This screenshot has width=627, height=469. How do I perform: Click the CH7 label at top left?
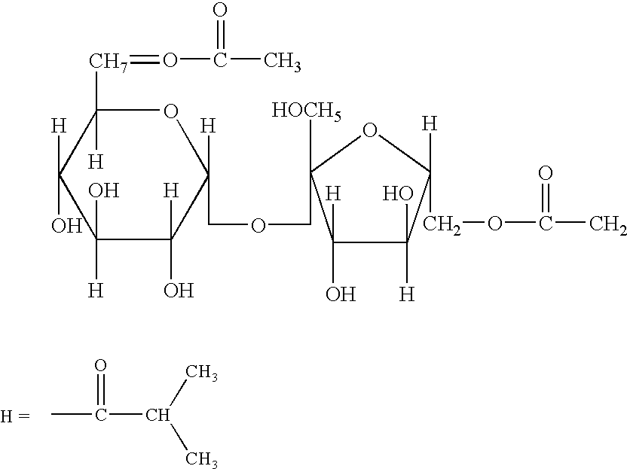pyautogui.click(x=108, y=62)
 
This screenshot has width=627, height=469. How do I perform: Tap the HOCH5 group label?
pyautogui.click(x=307, y=111)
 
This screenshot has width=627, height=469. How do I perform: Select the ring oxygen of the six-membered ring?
pyautogui.click(x=171, y=111)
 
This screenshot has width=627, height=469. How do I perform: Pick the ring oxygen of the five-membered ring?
pyautogui.click(x=370, y=130)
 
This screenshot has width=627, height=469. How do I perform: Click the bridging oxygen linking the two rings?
pyautogui.click(x=258, y=226)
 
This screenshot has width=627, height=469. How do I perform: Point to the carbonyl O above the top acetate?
pyautogui.click(x=220, y=11)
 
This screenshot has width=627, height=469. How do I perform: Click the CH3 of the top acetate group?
pyautogui.click(x=283, y=62)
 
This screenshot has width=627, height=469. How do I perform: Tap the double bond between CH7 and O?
pyautogui.click(x=144, y=60)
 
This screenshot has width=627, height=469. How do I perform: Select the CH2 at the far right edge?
pyautogui.click(x=608, y=224)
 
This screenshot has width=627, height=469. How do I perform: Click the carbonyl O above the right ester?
pyautogui.click(x=546, y=173)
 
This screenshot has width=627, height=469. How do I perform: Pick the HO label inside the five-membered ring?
pyautogui.click(x=398, y=194)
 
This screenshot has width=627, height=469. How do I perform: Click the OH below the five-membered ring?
pyautogui.click(x=341, y=295)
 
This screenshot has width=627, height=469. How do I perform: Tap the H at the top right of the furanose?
pyautogui.click(x=430, y=124)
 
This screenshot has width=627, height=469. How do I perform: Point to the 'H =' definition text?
pyautogui.click(x=15, y=416)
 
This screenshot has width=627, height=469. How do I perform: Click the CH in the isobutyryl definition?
pyautogui.click(x=158, y=416)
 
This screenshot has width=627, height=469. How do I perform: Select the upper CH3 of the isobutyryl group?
pyautogui.click(x=201, y=373)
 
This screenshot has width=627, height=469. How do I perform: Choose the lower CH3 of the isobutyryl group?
pyautogui.click(x=201, y=459)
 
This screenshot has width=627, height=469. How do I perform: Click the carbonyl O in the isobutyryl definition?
pyautogui.click(x=101, y=365)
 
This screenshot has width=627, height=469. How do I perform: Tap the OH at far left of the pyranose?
pyautogui.click(x=67, y=226)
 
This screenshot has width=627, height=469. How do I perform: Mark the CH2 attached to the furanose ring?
pyautogui.click(x=442, y=225)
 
